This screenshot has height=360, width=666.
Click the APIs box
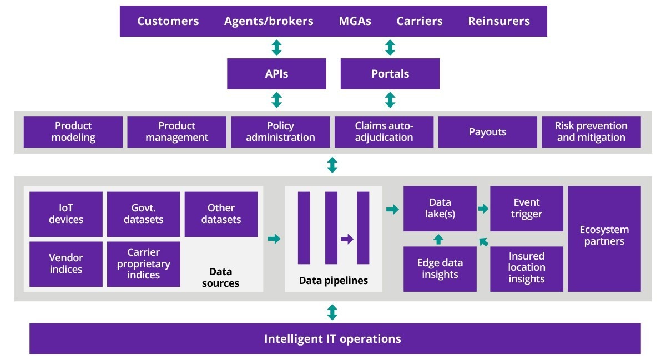click(x=276, y=74)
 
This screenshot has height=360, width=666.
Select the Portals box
click(x=390, y=74)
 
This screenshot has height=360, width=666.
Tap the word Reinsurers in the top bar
click(x=498, y=21)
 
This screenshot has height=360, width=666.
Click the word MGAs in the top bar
click(x=355, y=21)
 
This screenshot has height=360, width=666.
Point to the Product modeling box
click(x=73, y=132)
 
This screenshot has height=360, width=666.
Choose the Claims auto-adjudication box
click(x=384, y=132)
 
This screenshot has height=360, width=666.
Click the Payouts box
click(x=487, y=132)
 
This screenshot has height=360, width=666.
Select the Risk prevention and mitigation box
click(x=591, y=132)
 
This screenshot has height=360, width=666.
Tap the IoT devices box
click(x=65, y=214)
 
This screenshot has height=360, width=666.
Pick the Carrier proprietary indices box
click(x=143, y=264)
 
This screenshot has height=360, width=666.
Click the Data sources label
click(x=220, y=277)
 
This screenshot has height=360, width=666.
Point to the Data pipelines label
click(x=333, y=281)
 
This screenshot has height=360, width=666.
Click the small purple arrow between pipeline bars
click(x=347, y=239)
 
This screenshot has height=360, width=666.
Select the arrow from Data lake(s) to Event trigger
click(x=483, y=209)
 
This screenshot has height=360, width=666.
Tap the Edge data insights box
click(x=440, y=269)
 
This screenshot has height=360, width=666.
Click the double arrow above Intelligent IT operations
click(x=332, y=312)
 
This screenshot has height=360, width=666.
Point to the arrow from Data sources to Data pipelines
click(x=274, y=239)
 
